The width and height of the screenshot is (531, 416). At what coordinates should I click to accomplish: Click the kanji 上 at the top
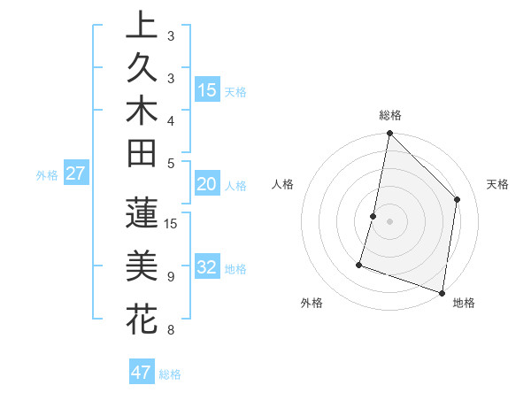142,25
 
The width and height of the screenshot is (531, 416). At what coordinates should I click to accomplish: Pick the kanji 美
142,266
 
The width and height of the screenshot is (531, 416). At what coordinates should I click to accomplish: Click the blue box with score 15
207,90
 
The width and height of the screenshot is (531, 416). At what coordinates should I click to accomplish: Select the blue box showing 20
207,185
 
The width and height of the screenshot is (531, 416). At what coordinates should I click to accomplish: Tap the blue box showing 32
207,268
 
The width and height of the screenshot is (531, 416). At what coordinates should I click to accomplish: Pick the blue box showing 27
75,174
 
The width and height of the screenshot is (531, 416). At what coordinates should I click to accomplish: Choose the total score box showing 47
142,373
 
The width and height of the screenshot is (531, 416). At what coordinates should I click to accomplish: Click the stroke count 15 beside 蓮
172,223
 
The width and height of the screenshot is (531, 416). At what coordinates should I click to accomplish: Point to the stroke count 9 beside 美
170,276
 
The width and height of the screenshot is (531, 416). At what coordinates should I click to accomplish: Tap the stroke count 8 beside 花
170,331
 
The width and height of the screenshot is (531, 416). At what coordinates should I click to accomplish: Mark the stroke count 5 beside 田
170,163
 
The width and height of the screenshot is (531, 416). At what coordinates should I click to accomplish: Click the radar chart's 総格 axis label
390,115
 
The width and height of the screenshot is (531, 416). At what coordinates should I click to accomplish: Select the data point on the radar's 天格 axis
458,199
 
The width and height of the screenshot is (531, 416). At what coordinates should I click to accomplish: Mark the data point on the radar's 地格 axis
442,292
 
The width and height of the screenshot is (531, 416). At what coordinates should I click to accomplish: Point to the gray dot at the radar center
389,221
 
